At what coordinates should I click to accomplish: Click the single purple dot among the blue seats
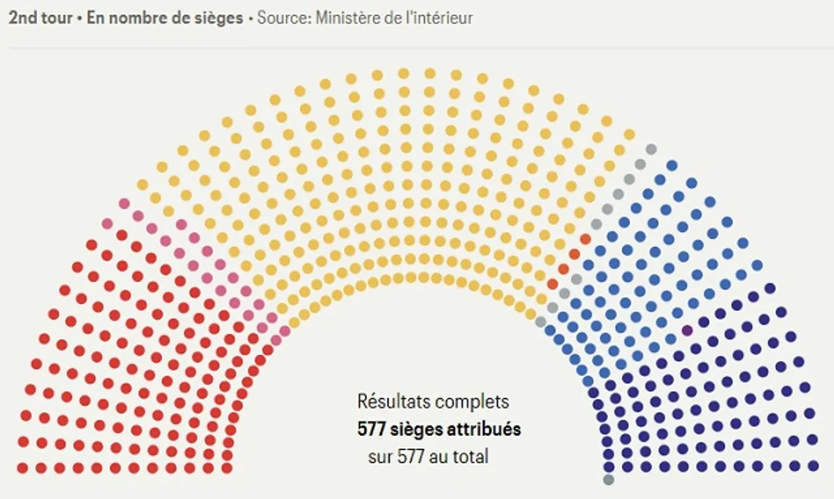(x=687, y=331)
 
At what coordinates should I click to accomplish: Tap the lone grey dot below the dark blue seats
(x=608, y=479)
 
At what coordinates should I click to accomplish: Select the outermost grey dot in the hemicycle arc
(x=651, y=150)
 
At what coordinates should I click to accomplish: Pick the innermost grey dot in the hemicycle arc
(x=541, y=322)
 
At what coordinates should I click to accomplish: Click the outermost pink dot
(x=124, y=203)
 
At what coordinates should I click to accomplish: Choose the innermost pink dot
(x=285, y=331)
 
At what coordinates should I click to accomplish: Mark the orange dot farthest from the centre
(x=585, y=239)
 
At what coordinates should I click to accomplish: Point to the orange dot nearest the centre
(x=553, y=284)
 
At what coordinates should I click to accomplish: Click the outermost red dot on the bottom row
(x=23, y=468)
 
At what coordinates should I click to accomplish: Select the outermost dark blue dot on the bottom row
(x=814, y=465)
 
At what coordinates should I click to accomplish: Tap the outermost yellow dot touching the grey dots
(x=629, y=135)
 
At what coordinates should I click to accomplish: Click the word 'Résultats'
(x=393, y=402)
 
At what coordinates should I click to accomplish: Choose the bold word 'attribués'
(x=486, y=429)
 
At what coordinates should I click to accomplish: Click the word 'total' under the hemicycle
(x=470, y=457)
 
